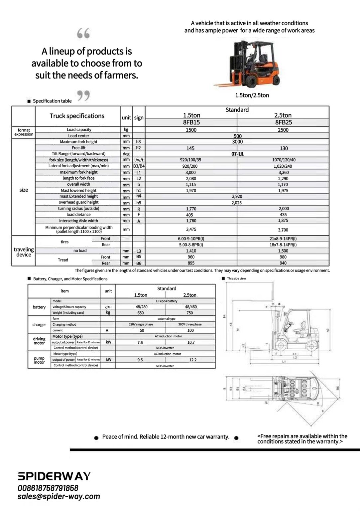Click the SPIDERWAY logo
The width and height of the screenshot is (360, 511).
(x=54, y=476)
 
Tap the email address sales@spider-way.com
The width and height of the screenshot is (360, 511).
(x=59, y=496)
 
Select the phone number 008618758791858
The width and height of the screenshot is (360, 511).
(x=48, y=488)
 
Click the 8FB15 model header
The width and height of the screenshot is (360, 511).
(x=191, y=122)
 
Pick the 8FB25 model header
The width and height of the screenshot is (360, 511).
(x=283, y=122)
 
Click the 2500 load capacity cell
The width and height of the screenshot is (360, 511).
(x=283, y=130)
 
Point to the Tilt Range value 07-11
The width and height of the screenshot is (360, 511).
(x=237, y=154)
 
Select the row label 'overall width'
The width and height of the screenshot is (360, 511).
(x=78, y=184)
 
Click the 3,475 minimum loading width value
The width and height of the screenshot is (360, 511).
(x=191, y=230)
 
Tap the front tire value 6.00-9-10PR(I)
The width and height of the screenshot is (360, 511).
(x=191, y=239)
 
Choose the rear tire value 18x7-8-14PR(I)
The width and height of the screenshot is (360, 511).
(x=283, y=245)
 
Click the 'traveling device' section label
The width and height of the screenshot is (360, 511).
(x=24, y=252)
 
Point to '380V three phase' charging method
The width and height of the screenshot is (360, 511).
(x=190, y=324)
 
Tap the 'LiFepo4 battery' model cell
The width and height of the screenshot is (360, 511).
(x=167, y=301)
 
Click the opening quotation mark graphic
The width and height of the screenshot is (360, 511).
(x=83, y=33)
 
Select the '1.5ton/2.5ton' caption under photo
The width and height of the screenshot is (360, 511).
(x=252, y=95)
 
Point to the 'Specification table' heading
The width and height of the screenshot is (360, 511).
(x=52, y=101)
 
